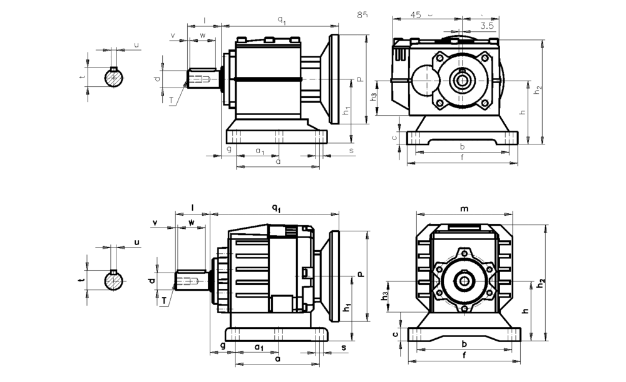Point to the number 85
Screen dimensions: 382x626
(x=362, y=14)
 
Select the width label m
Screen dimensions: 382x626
(x=464, y=208)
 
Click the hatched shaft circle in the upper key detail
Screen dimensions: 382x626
(x=114, y=78)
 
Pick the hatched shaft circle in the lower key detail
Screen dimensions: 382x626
(x=114, y=281)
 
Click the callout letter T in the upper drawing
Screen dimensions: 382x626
(x=172, y=99)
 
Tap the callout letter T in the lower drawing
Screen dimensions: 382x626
(x=164, y=301)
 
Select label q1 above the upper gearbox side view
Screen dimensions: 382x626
(x=282, y=21)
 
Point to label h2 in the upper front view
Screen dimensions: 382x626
(x=538, y=89)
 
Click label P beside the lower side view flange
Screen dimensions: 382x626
(x=360, y=274)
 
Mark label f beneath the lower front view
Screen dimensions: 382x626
(x=463, y=355)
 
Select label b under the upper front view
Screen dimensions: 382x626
(x=461, y=147)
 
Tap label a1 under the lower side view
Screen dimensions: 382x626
(x=258, y=346)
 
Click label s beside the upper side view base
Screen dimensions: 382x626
(x=351, y=151)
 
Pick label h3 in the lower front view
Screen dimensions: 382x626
(x=386, y=294)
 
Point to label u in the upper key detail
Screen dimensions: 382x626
(x=136, y=45)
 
